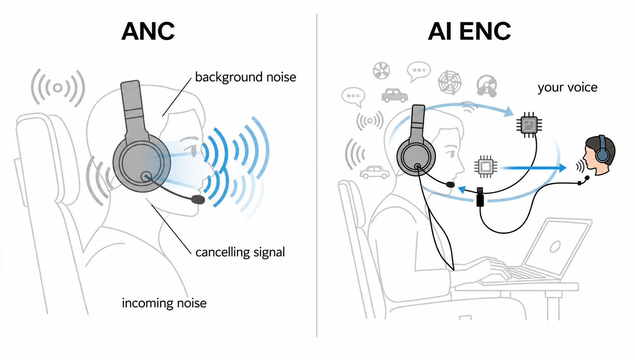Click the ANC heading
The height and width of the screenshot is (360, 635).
pos(148,31)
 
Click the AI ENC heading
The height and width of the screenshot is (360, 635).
pos(469,31)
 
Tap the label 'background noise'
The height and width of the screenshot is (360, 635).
pos(245,77)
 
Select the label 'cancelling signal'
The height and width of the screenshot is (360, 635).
pos(240,252)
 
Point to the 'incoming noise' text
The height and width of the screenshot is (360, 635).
pos(164,303)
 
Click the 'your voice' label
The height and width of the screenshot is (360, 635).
pos(568,87)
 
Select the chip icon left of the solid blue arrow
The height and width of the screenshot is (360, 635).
pos(486,167)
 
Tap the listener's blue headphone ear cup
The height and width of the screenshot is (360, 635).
pos(602,155)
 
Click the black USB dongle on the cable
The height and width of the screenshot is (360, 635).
pos(480,197)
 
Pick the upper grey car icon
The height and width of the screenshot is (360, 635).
pos(394,95)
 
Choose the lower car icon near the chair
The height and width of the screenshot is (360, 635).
pos(374,172)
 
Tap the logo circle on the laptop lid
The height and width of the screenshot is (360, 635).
pos(555,246)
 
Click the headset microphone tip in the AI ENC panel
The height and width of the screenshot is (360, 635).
pos(450,185)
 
